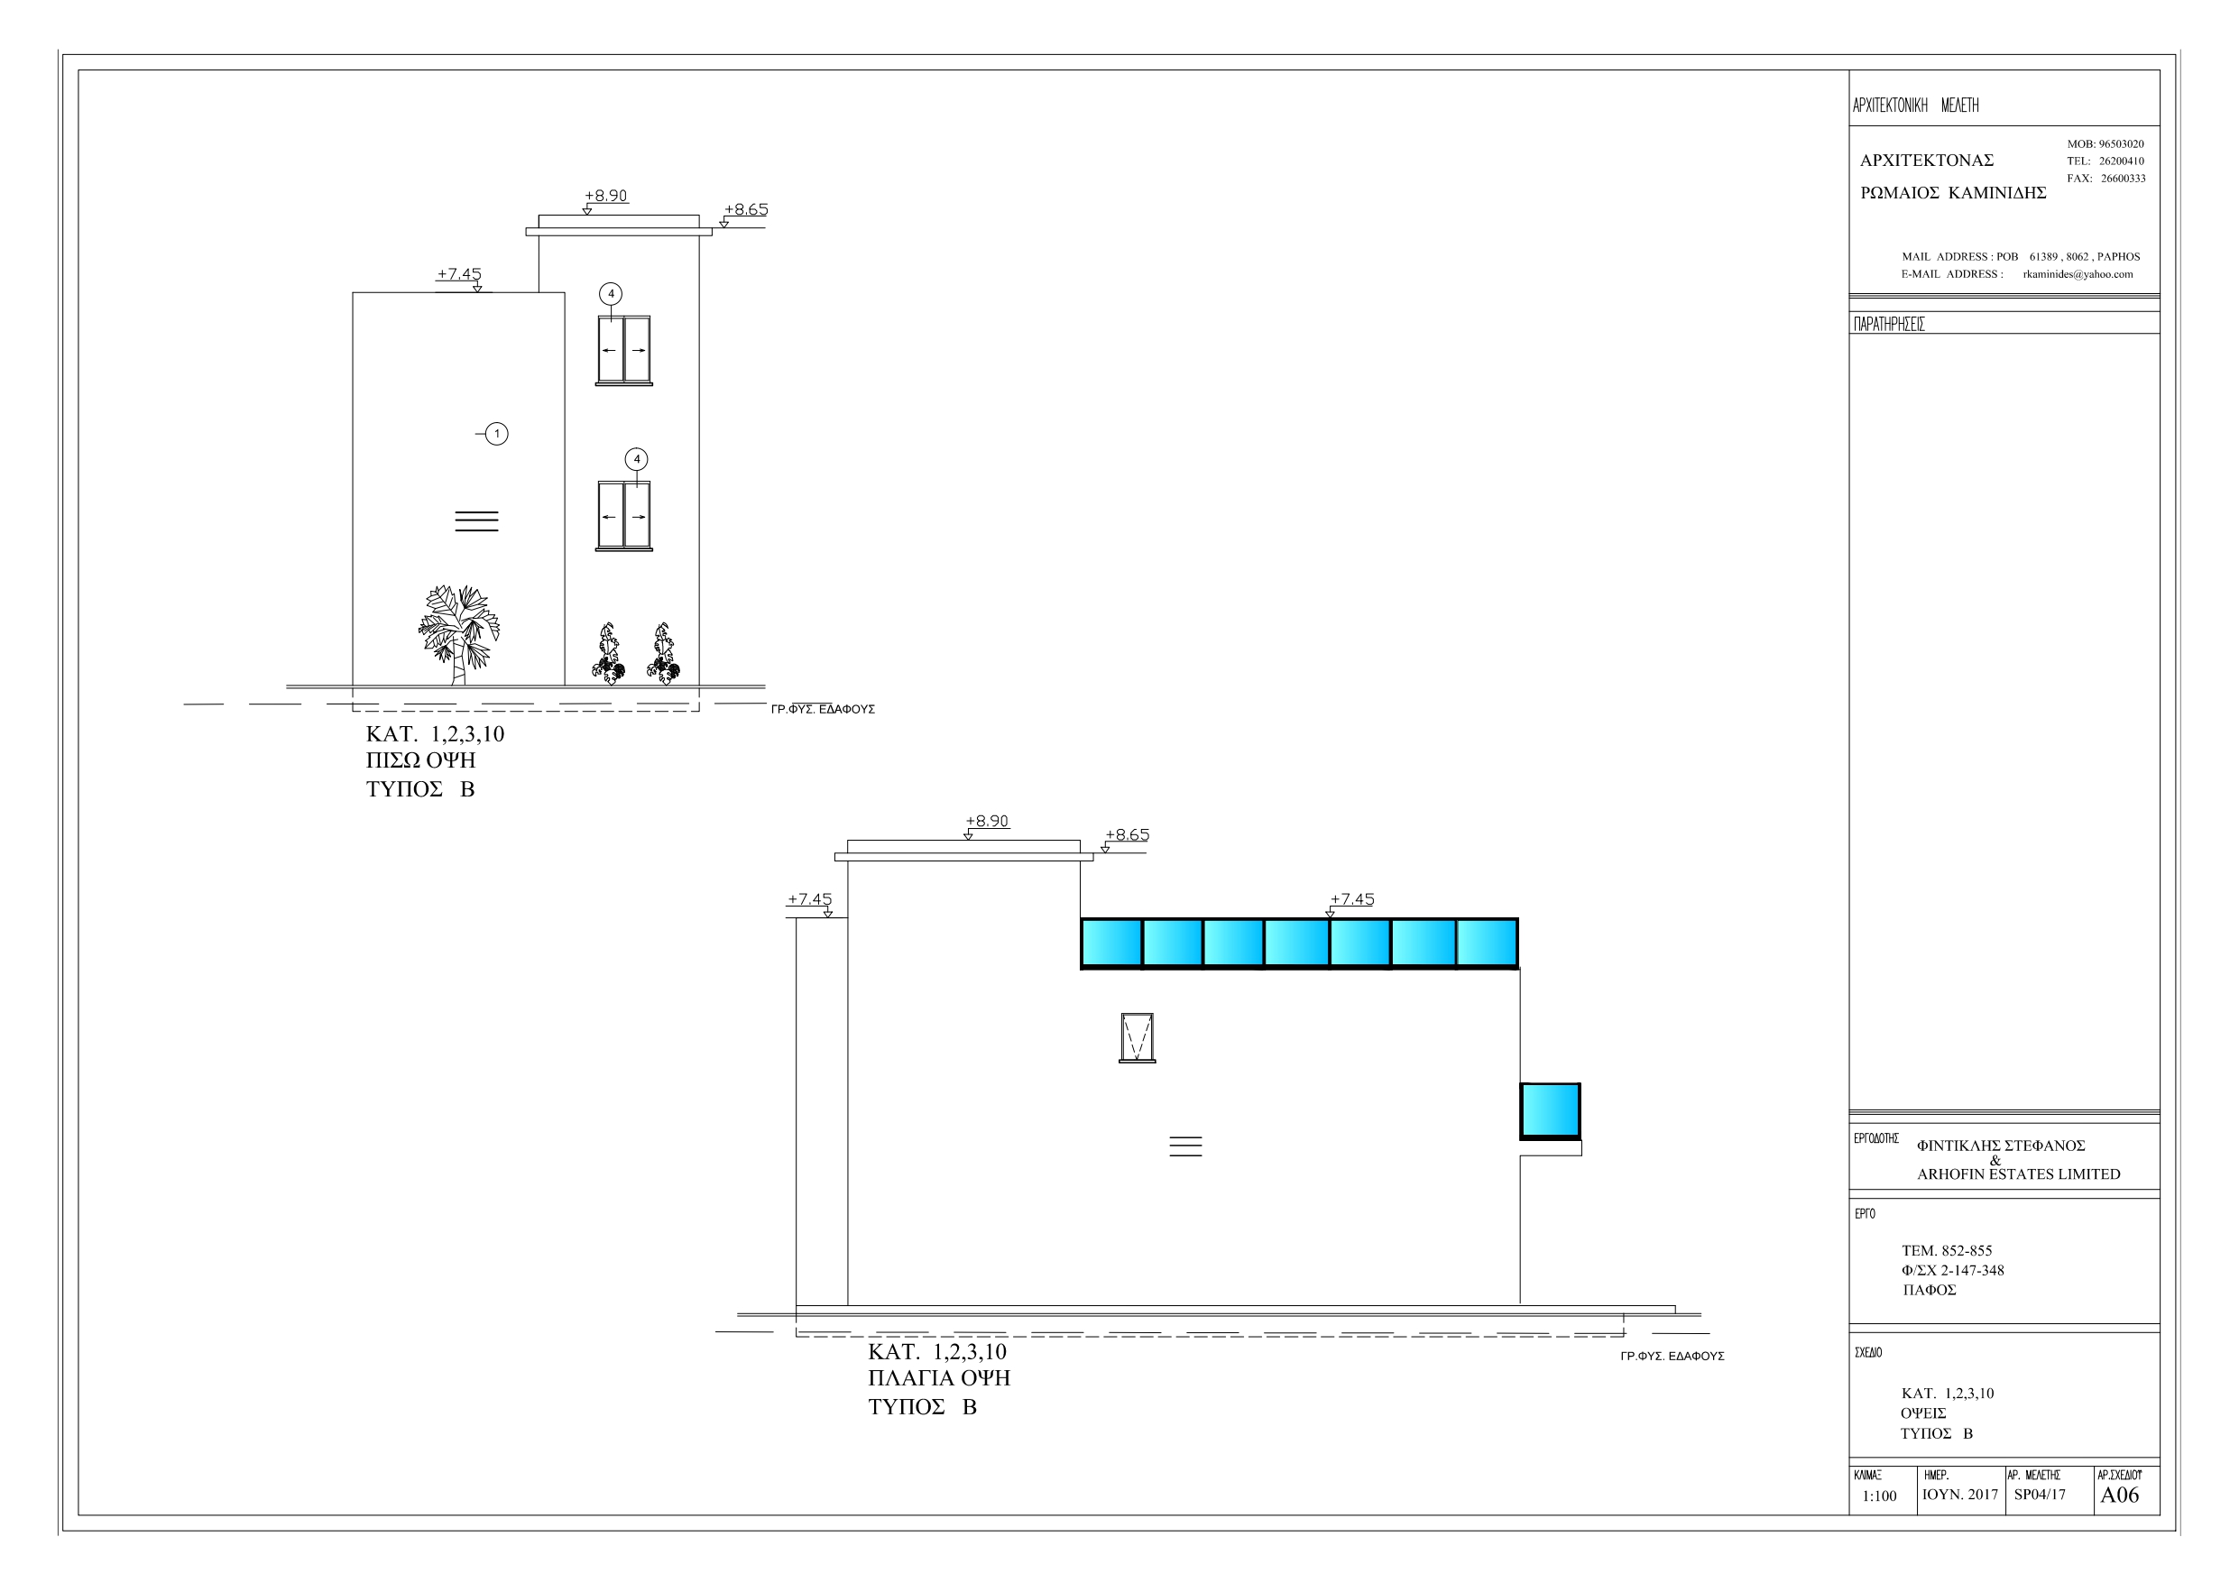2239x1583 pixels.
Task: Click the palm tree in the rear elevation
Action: (x=457, y=632)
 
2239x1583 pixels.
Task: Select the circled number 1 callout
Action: (x=496, y=434)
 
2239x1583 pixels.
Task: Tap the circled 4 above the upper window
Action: (x=611, y=293)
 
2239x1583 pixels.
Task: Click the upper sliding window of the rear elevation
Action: (x=624, y=349)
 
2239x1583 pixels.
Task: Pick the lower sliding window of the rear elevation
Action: (x=624, y=515)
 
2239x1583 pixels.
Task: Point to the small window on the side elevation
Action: (x=1137, y=1036)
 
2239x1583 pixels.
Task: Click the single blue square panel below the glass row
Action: (x=1550, y=1110)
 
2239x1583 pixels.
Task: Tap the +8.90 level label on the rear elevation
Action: (x=605, y=196)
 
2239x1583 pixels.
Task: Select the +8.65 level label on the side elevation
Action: (x=1127, y=835)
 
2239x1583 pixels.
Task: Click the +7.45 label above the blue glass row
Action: (x=1351, y=899)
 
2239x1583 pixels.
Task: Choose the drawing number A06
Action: (x=2119, y=1496)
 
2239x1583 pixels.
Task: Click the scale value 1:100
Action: (x=1879, y=1496)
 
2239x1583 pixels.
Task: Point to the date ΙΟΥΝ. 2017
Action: (x=1959, y=1495)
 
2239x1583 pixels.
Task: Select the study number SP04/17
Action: (x=2039, y=1495)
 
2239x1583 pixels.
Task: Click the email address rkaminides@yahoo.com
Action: (x=2078, y=274)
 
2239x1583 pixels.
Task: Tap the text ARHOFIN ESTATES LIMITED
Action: (x=2018, y=1174)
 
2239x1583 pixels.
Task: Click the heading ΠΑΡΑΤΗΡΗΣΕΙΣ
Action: (x=1889, y=324)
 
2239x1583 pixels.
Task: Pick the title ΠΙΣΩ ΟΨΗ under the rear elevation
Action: (x=420, y=760)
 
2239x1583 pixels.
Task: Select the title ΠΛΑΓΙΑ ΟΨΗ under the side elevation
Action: (x=938, y=1378)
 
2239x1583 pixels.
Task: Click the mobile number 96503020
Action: (x=2121, y=144)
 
